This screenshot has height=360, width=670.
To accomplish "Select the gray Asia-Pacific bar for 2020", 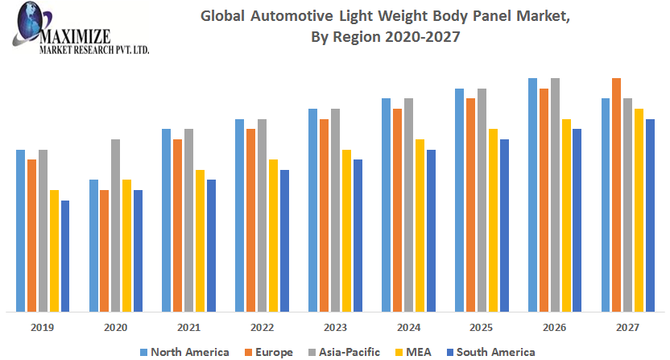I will click(x=116, y=226).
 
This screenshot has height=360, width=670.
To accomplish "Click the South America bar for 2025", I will click(x=504, y=226).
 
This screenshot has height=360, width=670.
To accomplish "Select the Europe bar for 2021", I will click(x=178, y=226).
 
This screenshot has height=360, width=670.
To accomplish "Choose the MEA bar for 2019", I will click(x=55, y=250).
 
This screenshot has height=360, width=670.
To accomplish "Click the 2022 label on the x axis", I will click(x=262, y=328).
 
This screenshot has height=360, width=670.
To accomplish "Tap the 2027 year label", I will click(x=627, y=328).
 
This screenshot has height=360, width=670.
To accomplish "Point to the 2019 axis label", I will click(x=43, y=328).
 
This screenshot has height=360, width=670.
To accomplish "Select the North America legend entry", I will click(x=184, y=352).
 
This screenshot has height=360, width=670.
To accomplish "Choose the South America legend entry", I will click(x=489, y=352).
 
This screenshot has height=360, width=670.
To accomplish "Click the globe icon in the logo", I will click(x=34, y=19).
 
